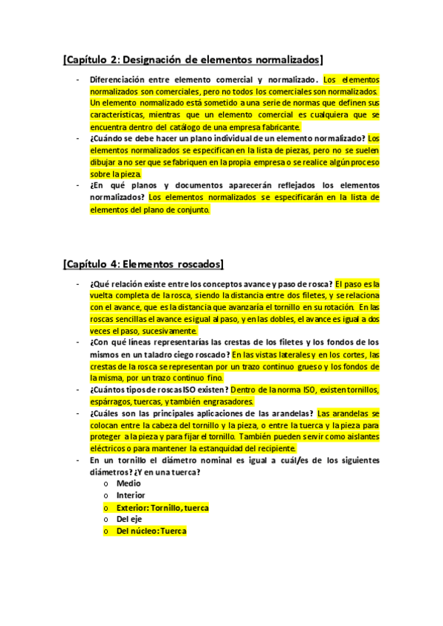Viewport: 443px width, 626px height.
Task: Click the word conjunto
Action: point(190,210)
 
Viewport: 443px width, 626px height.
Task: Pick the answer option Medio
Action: point(128,484)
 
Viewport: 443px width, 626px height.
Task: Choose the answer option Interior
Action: point(131,495)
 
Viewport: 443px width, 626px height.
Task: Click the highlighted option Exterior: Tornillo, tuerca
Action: point(162,508)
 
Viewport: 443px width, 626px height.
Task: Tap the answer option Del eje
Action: point(129,520)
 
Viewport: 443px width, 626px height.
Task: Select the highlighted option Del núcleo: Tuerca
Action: point(151,532)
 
